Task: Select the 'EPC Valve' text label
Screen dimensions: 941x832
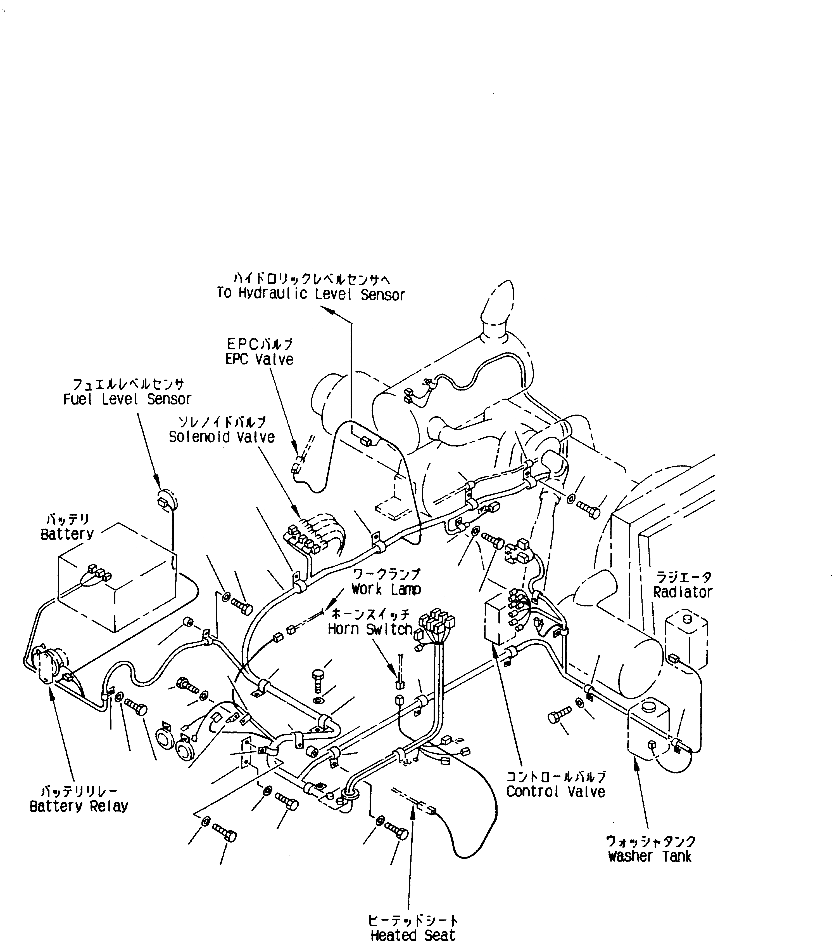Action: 259,359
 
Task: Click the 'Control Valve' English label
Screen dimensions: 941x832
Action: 556,792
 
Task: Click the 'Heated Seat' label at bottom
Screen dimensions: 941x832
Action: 413,935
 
